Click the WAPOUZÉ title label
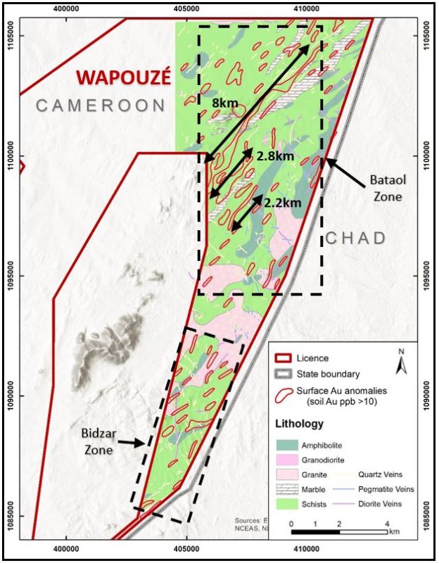124,77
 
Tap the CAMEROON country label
100,106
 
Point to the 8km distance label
225,103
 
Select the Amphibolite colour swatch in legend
287,445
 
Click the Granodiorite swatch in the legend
287,460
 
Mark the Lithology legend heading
300,424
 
